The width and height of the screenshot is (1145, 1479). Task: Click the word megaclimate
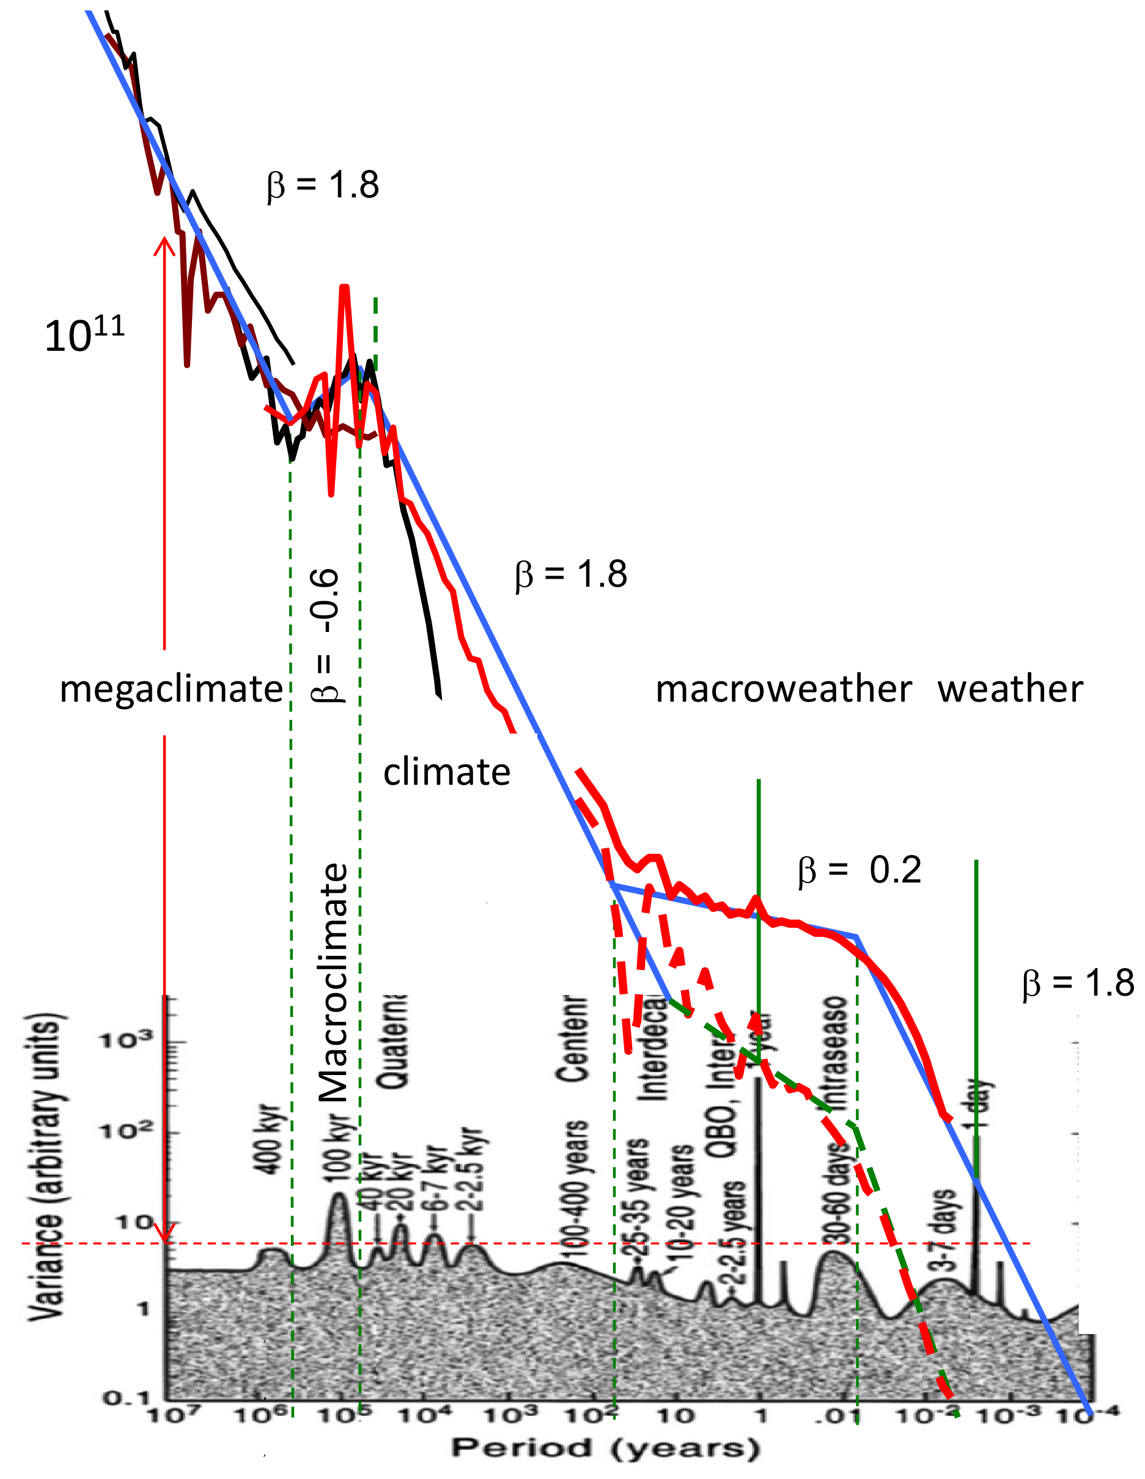coord(171,689)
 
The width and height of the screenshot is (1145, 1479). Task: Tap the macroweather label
coord(783,689)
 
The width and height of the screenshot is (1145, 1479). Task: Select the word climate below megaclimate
coord(446,772)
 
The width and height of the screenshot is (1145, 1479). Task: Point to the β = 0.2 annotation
coord(859,870)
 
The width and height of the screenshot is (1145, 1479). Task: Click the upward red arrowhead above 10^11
coord(164,244)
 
